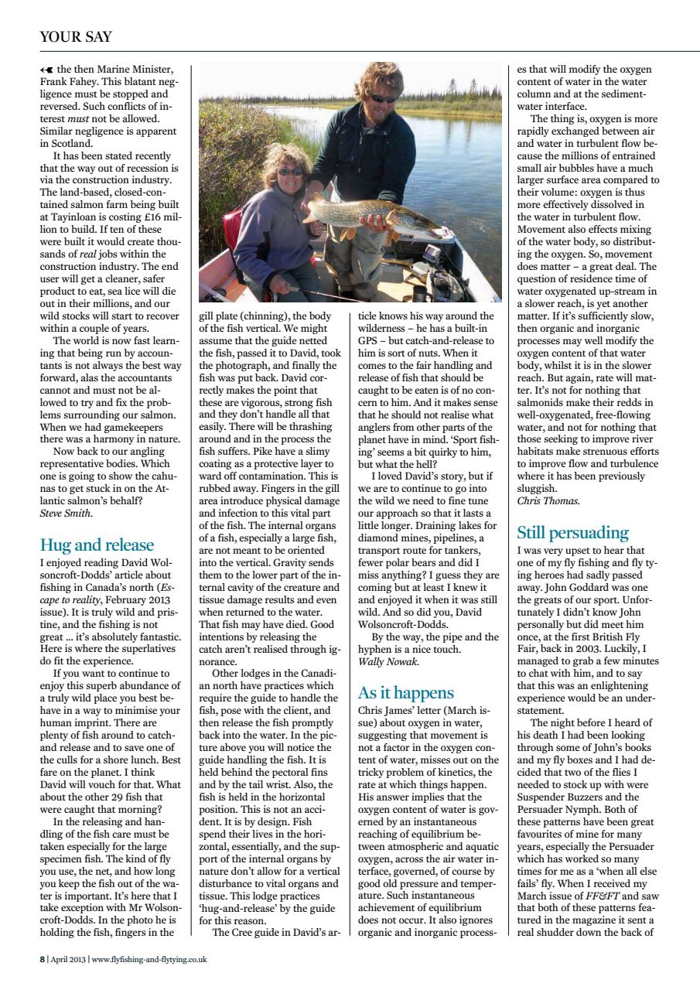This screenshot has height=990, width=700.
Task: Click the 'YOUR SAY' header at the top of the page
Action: (x=75, y=37)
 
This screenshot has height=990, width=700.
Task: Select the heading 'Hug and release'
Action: (x=97, y=544)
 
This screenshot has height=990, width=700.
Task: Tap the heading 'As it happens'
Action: (x=405, y=692)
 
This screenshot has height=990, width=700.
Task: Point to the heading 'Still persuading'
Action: (x=572, y=533)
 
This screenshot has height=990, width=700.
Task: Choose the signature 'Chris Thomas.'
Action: (x=548, y=500)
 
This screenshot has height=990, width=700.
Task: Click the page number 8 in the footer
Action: (x=42, y=959)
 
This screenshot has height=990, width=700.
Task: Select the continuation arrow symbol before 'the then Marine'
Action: (x=47, y=69)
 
